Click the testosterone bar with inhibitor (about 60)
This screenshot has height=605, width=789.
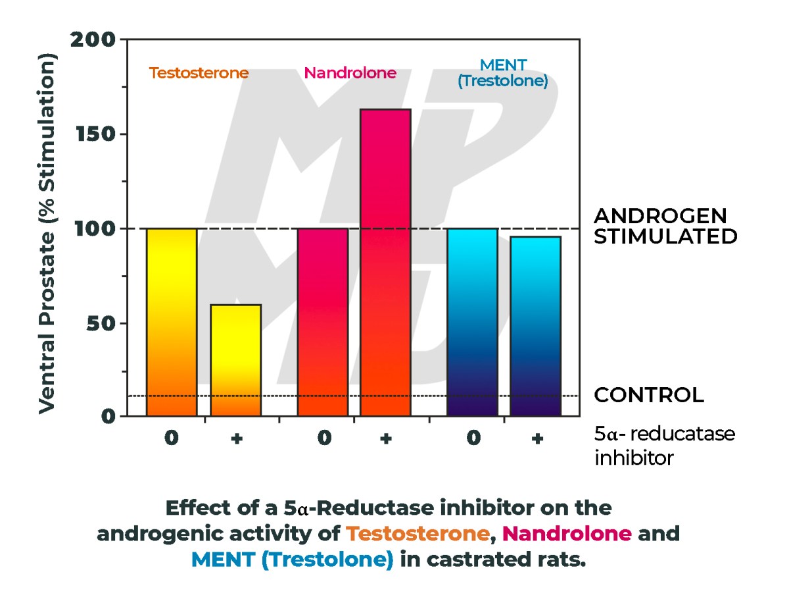click(x=235, y=360)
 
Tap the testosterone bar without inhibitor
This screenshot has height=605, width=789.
click(x=172, y=322)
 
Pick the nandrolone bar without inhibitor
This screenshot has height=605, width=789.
click(x=322, y=322)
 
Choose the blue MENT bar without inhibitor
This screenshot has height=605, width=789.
click(x=472, y=322)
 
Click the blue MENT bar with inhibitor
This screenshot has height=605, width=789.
click(x=535, y=326)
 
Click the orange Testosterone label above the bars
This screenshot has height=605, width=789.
click(x=199, y=73)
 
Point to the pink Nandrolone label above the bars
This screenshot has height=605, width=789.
click(x=350, y=73)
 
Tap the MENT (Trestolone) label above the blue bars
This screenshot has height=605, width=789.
click(x=503, y=74)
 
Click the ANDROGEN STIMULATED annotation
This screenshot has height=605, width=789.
click(x=665, y=226)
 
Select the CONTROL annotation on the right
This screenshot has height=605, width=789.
click(x=648, y=395)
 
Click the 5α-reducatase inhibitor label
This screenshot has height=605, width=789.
click(x=664, y=446)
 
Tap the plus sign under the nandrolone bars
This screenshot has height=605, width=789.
click(x=385, y=439)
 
